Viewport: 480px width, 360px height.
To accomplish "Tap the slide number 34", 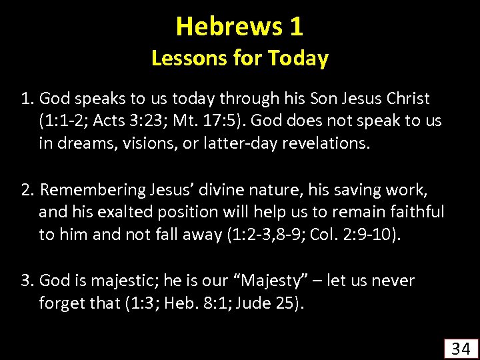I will [460, 347].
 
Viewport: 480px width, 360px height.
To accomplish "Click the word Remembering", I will [91, 190].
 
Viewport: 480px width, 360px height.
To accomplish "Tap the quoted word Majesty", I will [256, 281].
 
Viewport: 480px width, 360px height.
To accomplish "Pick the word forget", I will [61, 303].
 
